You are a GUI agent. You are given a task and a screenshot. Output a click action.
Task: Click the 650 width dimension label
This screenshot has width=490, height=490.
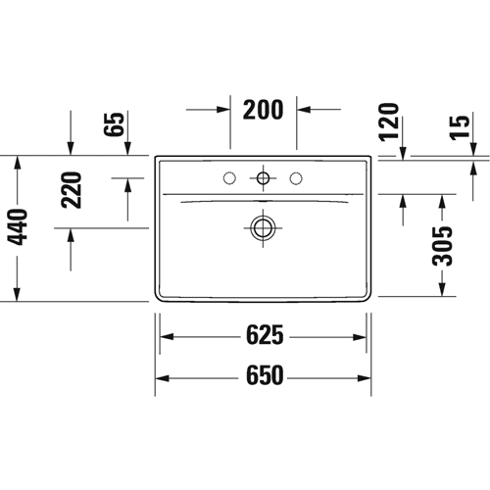point(265,375)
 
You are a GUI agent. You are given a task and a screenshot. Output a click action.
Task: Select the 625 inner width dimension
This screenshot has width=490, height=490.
point(265,335)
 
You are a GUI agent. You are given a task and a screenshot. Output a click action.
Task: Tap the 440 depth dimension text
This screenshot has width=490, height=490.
point(18,227)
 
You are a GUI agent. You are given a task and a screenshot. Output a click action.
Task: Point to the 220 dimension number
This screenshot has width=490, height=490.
point(71,190)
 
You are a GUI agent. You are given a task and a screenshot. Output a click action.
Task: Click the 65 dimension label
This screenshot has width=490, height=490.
point(114,124)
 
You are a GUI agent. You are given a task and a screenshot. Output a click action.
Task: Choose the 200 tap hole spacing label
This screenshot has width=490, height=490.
point(263,110)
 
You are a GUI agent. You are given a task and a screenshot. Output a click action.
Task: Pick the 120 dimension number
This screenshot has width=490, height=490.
point(389,122)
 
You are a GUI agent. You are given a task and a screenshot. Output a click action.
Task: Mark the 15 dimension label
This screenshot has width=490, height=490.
point(460,127)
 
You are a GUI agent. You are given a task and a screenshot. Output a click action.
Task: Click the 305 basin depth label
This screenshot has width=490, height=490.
point(442,245)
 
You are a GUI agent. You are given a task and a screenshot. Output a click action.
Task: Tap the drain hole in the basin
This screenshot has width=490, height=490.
point(263,228)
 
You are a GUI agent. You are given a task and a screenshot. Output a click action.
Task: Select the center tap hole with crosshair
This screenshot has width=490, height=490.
point(263,178)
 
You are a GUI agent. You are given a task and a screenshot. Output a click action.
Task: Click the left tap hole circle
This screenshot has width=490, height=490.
point(229,178)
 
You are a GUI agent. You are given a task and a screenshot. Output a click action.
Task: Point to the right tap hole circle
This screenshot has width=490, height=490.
point(296,178)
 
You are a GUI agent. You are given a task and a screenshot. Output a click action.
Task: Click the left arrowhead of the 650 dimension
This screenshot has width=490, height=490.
point(162,378)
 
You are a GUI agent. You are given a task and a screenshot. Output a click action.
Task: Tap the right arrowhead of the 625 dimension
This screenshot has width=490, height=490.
point(360,337)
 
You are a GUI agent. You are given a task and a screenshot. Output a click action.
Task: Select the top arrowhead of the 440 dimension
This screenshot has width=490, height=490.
point(18,163)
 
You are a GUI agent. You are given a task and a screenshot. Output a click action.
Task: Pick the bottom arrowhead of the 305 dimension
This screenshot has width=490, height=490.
point(442,289)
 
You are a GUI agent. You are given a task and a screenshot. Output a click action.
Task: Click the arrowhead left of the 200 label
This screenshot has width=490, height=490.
point(223,110)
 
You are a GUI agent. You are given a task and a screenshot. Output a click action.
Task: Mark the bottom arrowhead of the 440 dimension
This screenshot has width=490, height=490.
point(18,294)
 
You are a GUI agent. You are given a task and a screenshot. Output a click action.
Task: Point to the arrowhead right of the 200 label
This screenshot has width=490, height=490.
point(304,110)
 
